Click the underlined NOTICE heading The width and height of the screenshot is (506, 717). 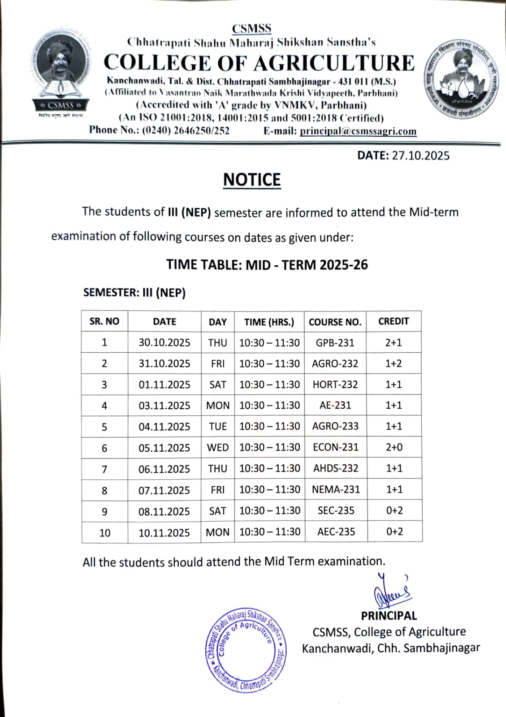252,180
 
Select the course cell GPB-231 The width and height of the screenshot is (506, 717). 335,343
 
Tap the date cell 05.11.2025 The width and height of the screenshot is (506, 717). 164,448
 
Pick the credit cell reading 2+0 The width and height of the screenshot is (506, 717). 394,447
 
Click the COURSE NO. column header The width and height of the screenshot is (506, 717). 335,322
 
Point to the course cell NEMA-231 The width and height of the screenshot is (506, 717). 336,489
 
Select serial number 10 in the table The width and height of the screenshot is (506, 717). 104,532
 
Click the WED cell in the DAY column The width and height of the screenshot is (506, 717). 217,448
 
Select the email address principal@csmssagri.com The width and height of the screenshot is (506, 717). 358,131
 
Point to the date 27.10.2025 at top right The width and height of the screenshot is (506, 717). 420,155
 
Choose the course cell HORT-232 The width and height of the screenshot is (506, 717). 335,384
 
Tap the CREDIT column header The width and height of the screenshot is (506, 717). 394,321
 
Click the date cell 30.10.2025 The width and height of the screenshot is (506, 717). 164,343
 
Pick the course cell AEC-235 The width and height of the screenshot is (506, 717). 336,531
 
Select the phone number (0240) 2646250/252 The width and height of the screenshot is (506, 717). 186,130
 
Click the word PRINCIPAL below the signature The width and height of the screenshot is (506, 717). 389,616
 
